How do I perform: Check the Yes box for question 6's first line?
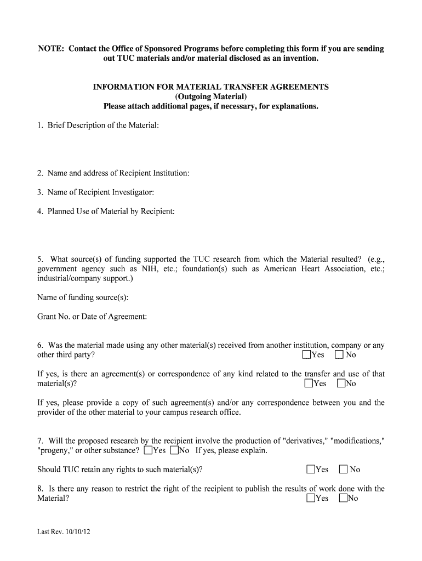click(x=306, y=355)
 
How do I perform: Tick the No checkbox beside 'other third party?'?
click(x=339, y=355)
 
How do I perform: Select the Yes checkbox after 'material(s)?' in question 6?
click(x=309, y=383)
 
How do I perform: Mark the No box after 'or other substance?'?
click(x=174, y=451)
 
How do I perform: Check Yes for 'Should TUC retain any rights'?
click(x=311, y=470)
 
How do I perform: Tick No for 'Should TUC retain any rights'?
click(x=344, y=470)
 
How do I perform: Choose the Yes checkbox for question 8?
click(x=311, y=498)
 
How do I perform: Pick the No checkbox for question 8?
click(x=343, y=498)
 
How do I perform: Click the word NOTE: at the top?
click(x=51, y=49)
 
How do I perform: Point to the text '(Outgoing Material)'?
click(x=211, y=96)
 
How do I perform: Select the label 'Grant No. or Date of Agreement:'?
click(x=92, y=317)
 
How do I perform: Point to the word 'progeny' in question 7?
click(x=56, y=451)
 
